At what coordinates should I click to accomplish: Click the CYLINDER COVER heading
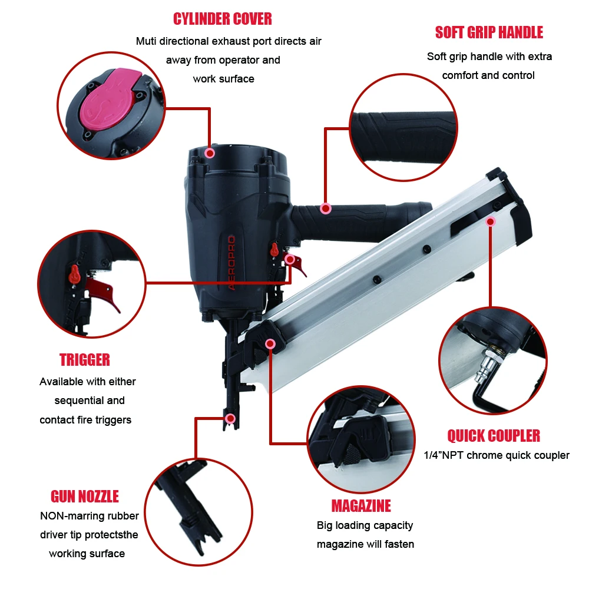click(223, 18)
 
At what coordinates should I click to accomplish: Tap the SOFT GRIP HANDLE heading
click(489, 32)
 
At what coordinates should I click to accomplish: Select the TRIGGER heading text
click(85, 359)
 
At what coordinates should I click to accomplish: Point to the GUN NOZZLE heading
click(85, 496)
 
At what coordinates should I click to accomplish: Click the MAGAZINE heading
click(361, 506)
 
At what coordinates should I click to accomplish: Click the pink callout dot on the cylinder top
click(209, 153)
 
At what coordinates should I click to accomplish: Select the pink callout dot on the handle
click(325, 209)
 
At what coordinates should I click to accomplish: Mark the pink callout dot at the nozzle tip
click(230, 419)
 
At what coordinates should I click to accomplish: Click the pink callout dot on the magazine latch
click(270, 343)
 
